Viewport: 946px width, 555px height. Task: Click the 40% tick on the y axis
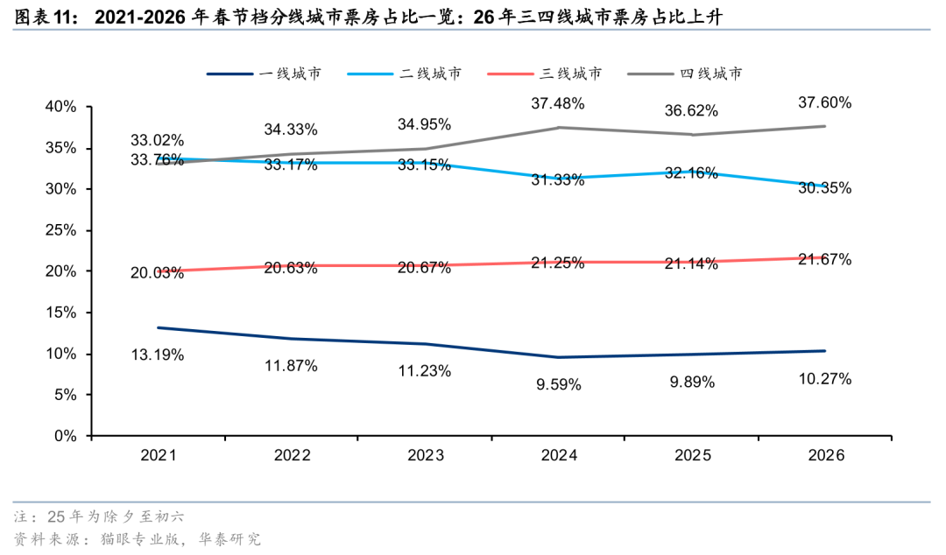61,107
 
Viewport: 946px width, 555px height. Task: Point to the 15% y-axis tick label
61,313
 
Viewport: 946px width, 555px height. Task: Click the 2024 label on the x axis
559,456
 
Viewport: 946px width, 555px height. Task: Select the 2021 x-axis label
159,456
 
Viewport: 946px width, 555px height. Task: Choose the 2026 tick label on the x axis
825,456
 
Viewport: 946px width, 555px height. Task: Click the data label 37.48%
558,103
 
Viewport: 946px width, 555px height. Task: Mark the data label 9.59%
558,383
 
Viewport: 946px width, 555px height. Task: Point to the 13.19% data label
158,355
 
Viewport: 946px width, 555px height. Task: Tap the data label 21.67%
825,260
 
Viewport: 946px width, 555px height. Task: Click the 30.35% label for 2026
825,188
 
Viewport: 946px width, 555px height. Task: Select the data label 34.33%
291,130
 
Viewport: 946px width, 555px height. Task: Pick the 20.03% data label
158,273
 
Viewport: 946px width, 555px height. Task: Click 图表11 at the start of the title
44,17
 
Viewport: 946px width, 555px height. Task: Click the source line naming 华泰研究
138,538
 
